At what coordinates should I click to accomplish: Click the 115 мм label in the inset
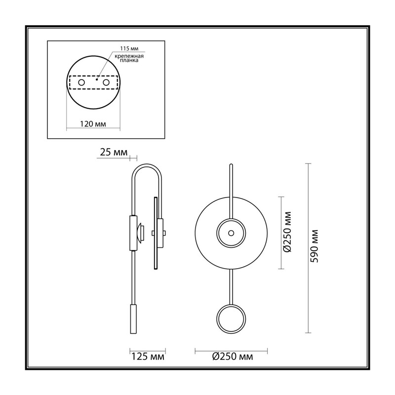[129, 48]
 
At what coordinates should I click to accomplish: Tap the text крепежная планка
[129, 58]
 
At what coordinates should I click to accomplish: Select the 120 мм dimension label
[93, 124]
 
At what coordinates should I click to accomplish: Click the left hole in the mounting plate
[81, 82]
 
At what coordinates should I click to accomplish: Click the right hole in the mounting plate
[106, 82]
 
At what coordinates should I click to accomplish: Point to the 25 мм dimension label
[114, 152]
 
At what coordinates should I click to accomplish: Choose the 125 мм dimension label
[148, 356]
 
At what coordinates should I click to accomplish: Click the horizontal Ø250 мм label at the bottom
[233, 356]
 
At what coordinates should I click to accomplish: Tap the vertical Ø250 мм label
[287, 232]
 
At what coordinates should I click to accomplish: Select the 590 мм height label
[314, 246]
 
